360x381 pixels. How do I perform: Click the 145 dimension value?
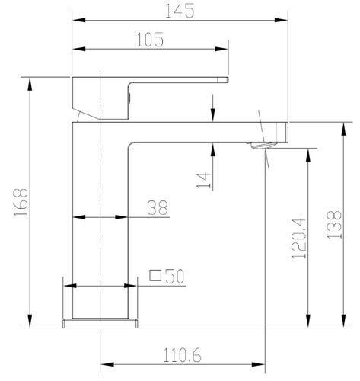pyautogui.click(x=180, y=11)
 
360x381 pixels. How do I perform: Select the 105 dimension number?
pyautogui.click(x=150, y=40)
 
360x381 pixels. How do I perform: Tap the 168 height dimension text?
pyautogui.click(x=21, y=202)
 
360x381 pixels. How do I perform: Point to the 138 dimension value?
pyautogui.click(x=334, y=225)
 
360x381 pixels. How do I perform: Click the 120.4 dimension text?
pyautogui.click(x=299, y=239)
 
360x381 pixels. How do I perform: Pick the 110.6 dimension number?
pyautogui.click(x=182, y=355)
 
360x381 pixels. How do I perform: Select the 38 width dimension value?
pyautogui.click(x=158, y=207)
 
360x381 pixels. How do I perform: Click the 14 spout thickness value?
pyautogui.click(x=204, y=180)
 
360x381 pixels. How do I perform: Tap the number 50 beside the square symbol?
pyautogui.click(x=174, y=276)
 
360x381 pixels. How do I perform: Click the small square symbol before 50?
pyautogui.click(x=155, y=275)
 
